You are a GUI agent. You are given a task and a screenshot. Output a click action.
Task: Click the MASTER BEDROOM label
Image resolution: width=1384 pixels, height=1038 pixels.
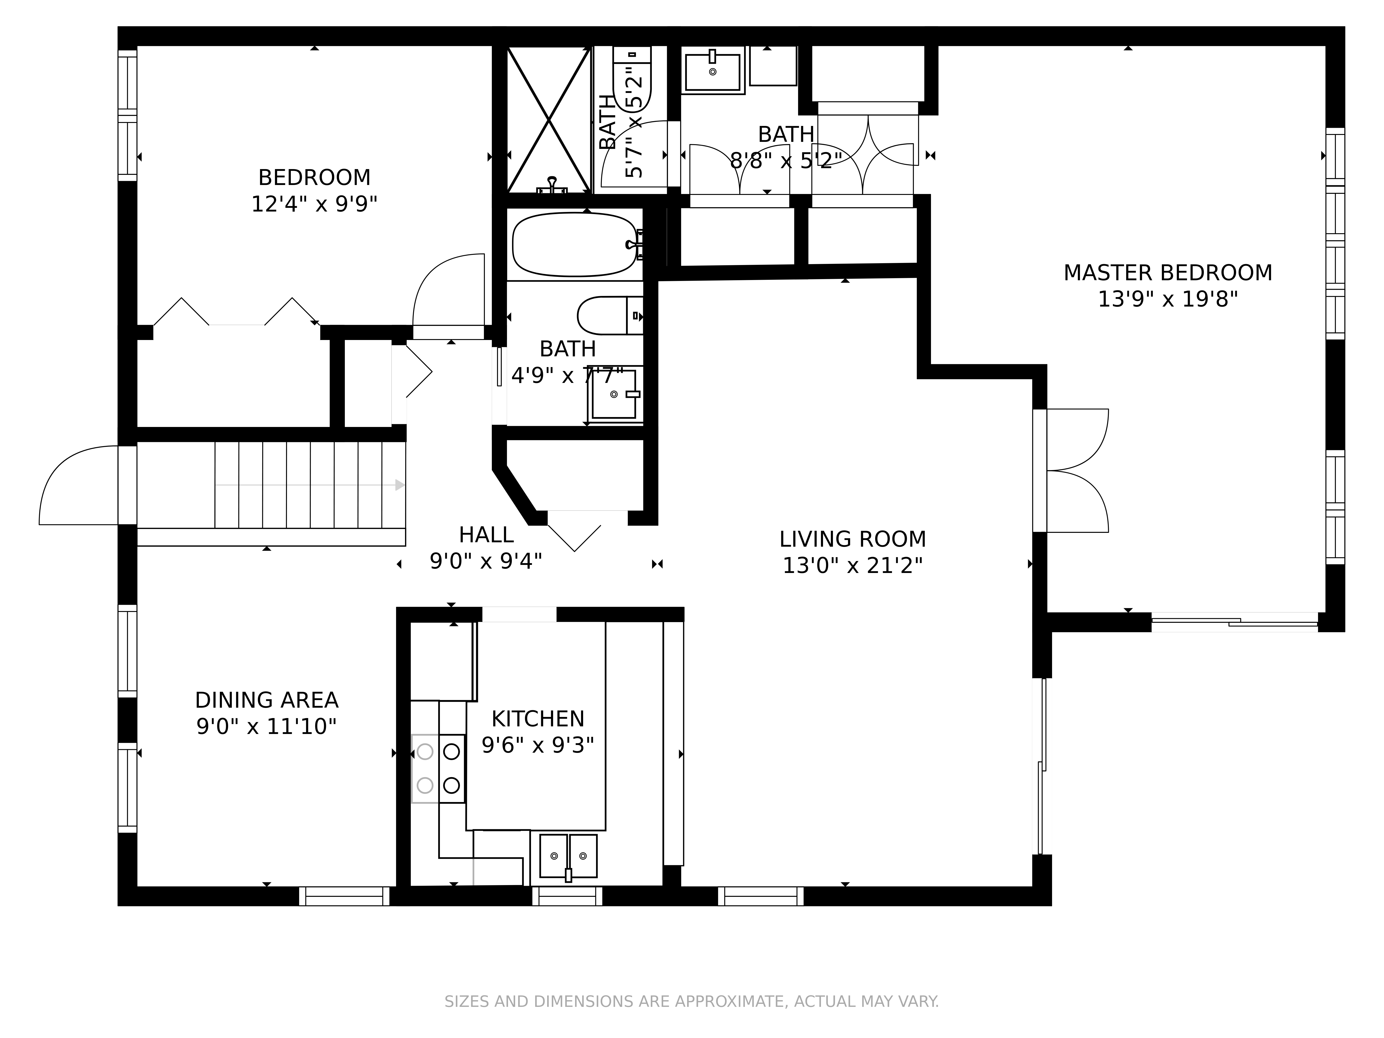pyautogui.click(x=1167, y=273)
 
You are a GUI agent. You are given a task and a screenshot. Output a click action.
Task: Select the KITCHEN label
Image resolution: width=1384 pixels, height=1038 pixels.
pyautogui.click(x=537, y=719)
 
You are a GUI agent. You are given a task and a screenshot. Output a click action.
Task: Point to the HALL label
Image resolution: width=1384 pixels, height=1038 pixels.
pyautogui.click(x=486, y=535)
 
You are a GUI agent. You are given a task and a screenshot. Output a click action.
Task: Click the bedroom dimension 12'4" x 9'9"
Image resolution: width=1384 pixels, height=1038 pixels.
pyautogui.click(x=314, y=204)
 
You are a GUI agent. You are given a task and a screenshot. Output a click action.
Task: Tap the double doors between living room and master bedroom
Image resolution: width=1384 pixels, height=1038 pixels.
pyautogui.click(x=1076, y=471)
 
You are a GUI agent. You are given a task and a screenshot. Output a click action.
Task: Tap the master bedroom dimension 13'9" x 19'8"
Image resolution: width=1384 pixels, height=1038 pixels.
pyautogui.click(x=1167, y=300)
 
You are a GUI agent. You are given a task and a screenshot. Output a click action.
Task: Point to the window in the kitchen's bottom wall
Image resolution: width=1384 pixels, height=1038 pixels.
pyautogui.click(x=567, y=896)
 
